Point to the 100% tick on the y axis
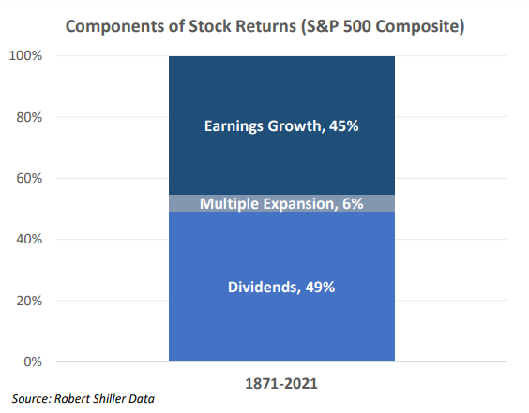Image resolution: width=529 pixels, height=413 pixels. [25, 55]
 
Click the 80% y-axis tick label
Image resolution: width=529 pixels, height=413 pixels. [29, 117]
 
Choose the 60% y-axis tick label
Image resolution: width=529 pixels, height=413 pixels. [29, 178]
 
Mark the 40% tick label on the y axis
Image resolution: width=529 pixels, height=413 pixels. [29, 239]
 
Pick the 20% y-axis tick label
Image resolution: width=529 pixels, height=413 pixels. [29, 301]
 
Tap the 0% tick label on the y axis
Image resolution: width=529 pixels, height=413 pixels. [33, 361]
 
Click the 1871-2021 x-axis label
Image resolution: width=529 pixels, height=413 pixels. [281, 384]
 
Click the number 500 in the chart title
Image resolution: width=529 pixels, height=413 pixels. [357, 26]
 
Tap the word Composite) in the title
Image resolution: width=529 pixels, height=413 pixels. [420, 26]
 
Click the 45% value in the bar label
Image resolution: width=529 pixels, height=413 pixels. [344, 126]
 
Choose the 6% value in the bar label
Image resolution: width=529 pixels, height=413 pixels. [353, 204]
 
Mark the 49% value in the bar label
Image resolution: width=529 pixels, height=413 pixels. [320, 287]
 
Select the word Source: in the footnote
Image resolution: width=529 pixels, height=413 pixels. [32, 399]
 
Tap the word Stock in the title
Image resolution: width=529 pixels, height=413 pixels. [208, 26]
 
